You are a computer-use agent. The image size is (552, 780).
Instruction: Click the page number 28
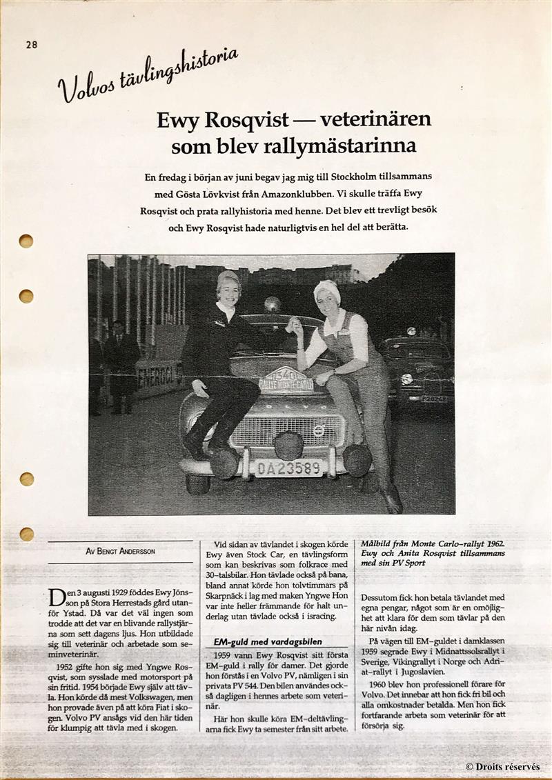pyautogui.click(x=32, y=45)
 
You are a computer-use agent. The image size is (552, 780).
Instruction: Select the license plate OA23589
pyautogui.click(x=288, y=467)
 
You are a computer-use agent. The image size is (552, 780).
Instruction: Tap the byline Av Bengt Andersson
pyautogui.click(x=120, y=552)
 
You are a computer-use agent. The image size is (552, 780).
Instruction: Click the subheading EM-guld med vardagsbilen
pyautogui.click(x=267, y=641)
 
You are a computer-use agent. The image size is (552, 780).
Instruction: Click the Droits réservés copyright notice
pyautogui.click(x=502, y=767)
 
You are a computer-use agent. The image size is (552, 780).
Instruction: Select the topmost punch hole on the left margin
pyautogui.click(x=26, y=241)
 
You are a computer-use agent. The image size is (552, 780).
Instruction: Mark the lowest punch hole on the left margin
pyautogui.click(x=26, y=533)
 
